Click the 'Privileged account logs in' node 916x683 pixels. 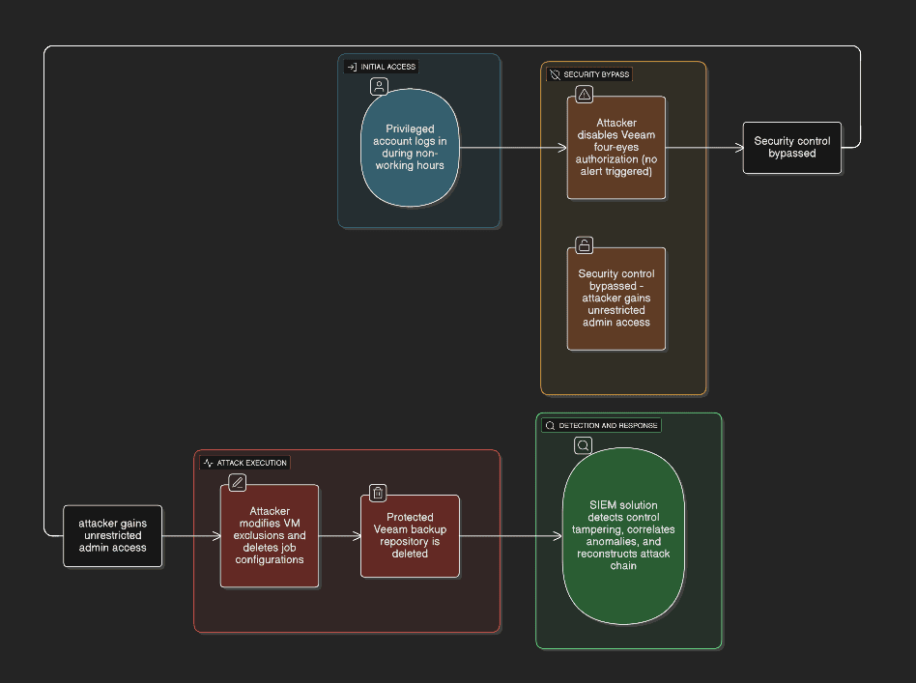click(410, 147)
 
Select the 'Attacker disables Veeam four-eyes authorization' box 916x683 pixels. click(616, 148)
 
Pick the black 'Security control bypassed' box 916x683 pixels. click(792, 148)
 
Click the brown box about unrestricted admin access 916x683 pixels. click(616, 299)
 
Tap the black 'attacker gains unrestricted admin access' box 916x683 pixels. click(113, 535)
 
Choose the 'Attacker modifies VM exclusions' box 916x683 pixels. click(270, 536)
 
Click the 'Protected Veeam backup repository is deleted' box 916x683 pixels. click(410, 535)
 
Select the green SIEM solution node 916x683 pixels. click(623, 535)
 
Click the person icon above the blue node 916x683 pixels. click(379, 87)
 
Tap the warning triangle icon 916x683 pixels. click(584, 94)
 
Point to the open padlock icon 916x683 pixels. click(584, 244)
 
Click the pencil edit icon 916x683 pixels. click(237, 482)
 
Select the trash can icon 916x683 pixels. click(378, 493)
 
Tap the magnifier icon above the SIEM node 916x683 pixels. click(583, 445)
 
